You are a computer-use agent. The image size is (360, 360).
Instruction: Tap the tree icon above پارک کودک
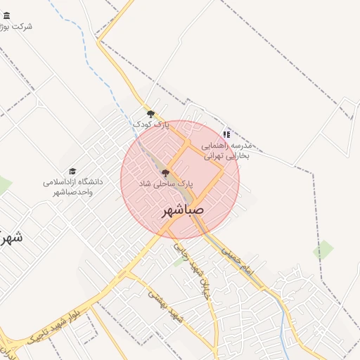[150, 114]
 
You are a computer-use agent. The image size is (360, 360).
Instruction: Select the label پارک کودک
[152, 124]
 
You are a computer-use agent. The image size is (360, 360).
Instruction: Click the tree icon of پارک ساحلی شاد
[166, 172]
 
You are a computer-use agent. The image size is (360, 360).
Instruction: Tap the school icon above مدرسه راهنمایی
[226, 134]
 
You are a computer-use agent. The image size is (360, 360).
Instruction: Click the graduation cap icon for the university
[72, 171]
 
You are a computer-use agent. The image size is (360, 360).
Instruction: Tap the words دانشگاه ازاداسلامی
[72, 181]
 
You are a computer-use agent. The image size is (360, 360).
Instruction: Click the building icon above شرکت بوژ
[6, 15]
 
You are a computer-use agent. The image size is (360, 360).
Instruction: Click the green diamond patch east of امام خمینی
[323, 250]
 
